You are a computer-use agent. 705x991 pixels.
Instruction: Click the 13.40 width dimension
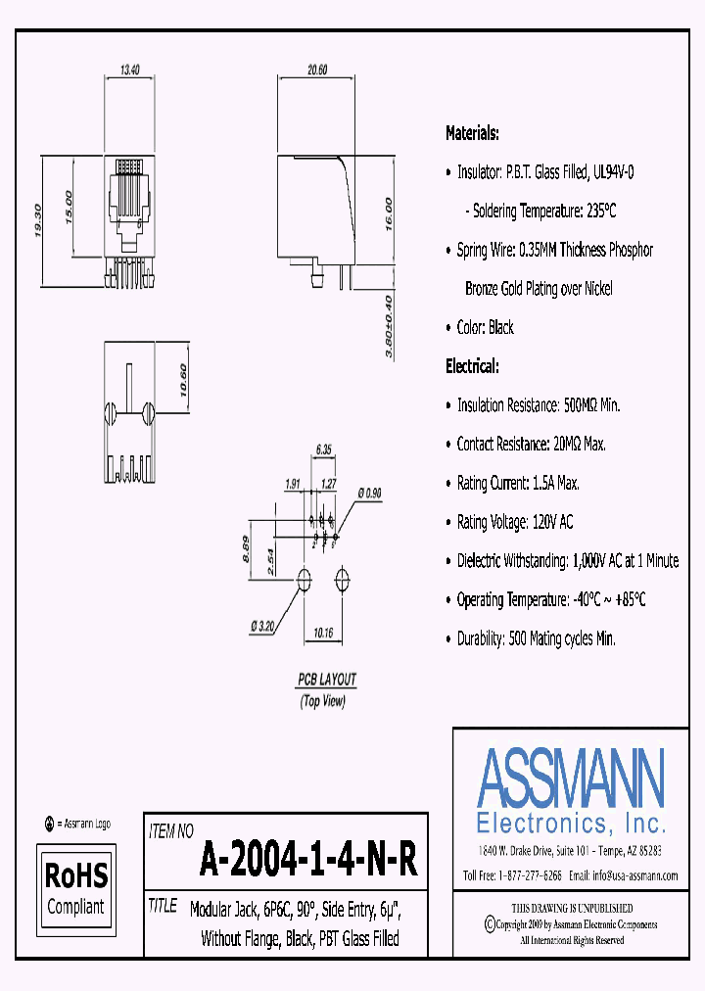point(130,70)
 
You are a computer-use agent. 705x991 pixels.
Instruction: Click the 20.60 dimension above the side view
point(316,70)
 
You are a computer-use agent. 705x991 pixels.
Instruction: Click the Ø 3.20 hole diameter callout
point(262,626)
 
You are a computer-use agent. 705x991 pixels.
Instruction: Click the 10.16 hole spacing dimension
point(324,633)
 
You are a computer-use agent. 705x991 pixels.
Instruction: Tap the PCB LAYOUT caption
point(327,679)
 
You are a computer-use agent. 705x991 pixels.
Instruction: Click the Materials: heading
point(472,133)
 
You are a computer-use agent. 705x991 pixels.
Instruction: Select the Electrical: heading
point(472,366)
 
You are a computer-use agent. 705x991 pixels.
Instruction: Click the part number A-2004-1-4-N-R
point(309,861)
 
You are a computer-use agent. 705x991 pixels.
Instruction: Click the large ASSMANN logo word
point(571,777)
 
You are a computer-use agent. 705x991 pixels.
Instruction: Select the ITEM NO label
point(170,831)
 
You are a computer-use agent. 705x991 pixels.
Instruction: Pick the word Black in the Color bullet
point(500,327)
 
